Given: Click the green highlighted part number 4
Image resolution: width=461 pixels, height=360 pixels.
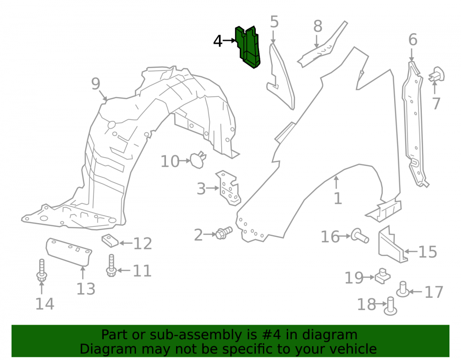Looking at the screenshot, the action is pyautogui.click(x=248, y=47).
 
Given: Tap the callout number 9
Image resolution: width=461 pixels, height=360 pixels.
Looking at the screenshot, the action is pyautogui.click(x=95, y=84).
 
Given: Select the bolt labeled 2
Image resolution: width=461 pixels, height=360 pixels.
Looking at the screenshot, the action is pyautogui.click(x=224, y=233).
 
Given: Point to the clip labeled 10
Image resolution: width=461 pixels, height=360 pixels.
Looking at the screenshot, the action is pyautogui.click(x=198, y=159).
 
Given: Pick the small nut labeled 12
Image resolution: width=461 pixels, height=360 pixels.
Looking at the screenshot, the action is pyautogui.click(x=110, y=241).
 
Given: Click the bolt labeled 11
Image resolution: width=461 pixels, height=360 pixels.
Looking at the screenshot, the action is pyautogui.click(x=111, y=266).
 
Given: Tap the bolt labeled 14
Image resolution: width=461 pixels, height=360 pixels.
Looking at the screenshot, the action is pyautogui.click(x=42, y=270).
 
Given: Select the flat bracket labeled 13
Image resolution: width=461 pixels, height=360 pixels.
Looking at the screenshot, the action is pyautogui.click(x=69, y=252).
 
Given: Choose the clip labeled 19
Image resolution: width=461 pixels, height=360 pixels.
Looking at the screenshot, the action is pyautogui.click(x=383, y=276).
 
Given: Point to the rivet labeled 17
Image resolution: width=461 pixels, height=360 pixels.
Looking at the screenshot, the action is pyautogui.click(x=403, y=289).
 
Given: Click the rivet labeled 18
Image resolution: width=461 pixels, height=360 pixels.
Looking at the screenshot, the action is pyautogui.click(x=390, y=306).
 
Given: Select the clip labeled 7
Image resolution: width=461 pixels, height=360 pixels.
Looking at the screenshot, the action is pyautogui.click(x=436, y=74).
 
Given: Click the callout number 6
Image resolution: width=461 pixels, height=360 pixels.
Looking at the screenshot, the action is pyautogui.click(x=413, y=39).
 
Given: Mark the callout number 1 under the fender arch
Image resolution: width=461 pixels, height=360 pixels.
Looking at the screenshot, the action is pyautogui.click(x=338, y=199).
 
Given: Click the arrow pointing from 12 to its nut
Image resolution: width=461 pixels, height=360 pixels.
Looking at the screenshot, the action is pyautogui.click(x=125, y=243).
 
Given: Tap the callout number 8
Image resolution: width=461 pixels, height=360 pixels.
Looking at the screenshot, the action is pyautogui.click(x=318, y=26).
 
